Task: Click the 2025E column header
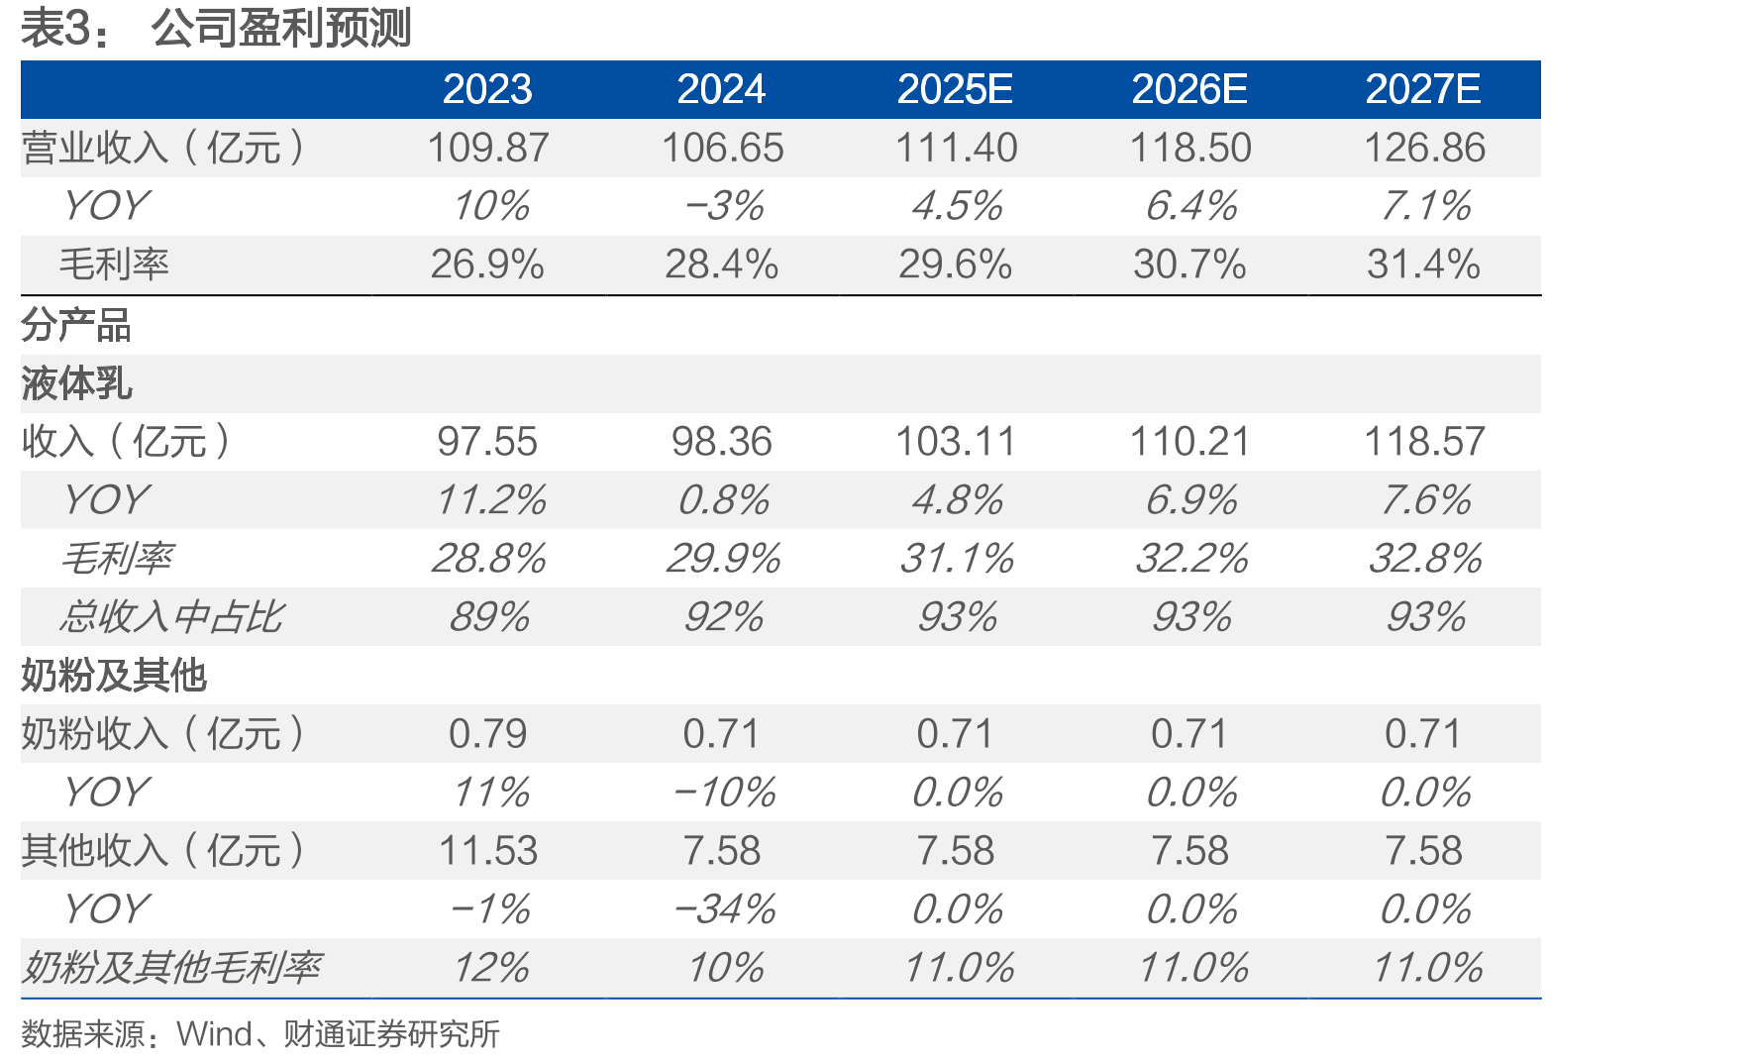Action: pyautogui.click(x=955, y=89)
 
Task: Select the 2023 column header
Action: pyautogui.click(x=487, y=89)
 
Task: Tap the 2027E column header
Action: pyautogui.click(x=1423, y=89)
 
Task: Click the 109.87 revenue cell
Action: pyautogui.click(x=487, y=148)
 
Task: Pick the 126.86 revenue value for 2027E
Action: pyautogui.click(x=1424, y=148)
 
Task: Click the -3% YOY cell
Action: pyautogui.click(x=724, y=206)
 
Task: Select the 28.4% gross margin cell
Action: pyautogui.click(x=722, y=265)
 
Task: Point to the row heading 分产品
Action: pyautogui.click(x=76, y=325)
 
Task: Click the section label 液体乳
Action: pyautogui.click(x=76, y=383)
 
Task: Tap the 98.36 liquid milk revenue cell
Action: pyautogui.click(x=722, y=441)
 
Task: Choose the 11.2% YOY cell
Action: pyautogui.click(x=491, y=499)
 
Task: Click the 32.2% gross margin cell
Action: pyautogui.click(x=1191, y=558)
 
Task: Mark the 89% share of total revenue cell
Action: pyautogui.click(x=489, y=616)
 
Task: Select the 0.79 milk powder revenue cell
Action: pyautogui.click(x=487, y=733)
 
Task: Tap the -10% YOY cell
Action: pyautogui.click(x=724, y=792)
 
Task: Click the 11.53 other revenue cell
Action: pyautogui.click(x=487, y=850)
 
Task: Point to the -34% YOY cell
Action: pyautogui.click(x=724, y=908)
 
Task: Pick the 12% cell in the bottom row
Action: pyautogui.click(x=491, y=967)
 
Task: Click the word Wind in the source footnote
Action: pyautogui.click(x=215, y=1034)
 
